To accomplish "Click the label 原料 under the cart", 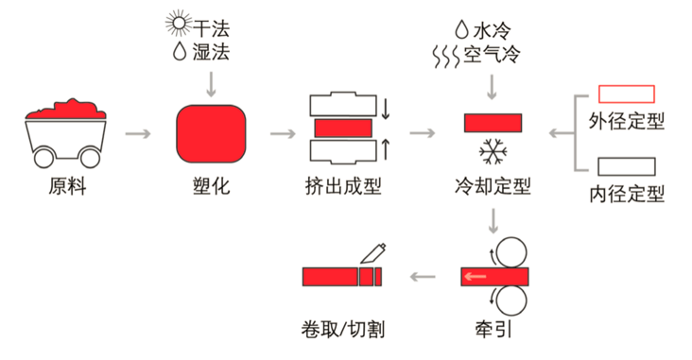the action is (67, 186).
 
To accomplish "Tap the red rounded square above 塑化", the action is (211, 133).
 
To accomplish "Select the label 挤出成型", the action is (343, 186).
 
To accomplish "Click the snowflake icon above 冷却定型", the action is (493, 152).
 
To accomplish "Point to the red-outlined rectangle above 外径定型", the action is (626, 94).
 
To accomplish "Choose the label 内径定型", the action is (627, 194).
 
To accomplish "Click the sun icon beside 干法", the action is (179, 24).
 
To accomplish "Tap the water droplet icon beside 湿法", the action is (180, 51).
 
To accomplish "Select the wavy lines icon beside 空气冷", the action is (446, 57).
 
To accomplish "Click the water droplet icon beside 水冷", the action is (461, 29).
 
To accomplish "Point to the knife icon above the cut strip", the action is (373, 253).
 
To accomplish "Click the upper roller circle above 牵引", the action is (511, 252).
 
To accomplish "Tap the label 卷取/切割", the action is (343, 330).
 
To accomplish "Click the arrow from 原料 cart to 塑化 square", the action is (138, 133).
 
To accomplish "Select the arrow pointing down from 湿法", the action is (211, 84).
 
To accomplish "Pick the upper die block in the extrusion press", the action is (343, 104).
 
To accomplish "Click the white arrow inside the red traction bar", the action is (475, 277).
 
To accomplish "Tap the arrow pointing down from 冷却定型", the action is (493, 220).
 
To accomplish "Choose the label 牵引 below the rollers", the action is (493, 330).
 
